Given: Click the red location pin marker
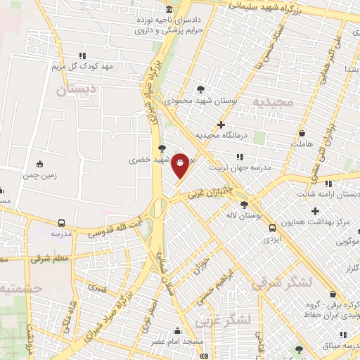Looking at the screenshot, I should tap(181, 165).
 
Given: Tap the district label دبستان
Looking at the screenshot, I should tap(70, 91).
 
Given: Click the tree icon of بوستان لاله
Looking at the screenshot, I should tap(244, 205).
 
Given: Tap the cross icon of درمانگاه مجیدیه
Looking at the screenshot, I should tap(221, 124).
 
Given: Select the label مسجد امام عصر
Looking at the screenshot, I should tap(177, 341).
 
